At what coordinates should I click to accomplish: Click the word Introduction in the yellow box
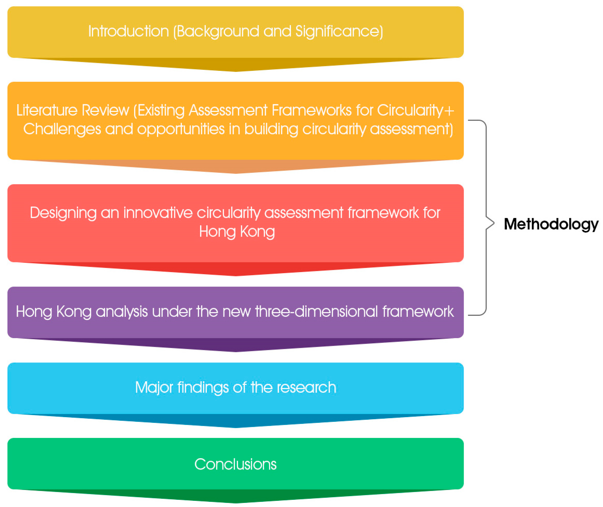pos(128,31)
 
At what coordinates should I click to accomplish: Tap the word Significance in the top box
pos(339,32)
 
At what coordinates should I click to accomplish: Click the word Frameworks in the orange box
pos(312,110)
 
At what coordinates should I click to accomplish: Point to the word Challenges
pos(62,129)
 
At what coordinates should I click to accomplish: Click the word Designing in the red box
pos(63,213)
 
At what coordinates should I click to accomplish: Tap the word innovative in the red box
pos(158,213)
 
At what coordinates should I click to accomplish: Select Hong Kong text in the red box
pos(237,232)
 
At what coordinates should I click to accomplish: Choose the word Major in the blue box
pos(154,388)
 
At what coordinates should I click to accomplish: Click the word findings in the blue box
pos(203,388)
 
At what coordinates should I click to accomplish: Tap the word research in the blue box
pos(307,388)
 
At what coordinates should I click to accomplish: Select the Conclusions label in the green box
pos(235,464)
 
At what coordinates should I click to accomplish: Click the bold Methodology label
pos(551,224)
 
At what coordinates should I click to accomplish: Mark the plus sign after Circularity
pos(449,111)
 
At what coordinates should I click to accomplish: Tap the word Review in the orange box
pos(105,110)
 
